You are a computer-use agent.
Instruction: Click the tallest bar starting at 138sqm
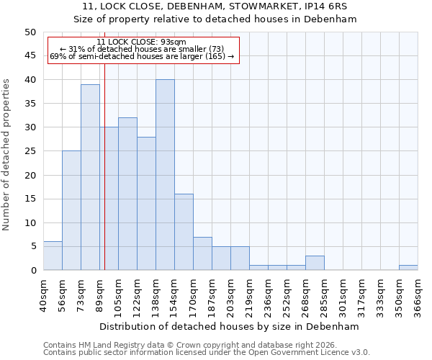[165, 175]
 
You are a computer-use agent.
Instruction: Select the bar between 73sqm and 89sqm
[90, 177]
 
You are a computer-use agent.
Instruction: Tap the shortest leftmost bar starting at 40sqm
[53, 256]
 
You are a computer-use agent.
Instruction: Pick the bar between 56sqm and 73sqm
[71, 210]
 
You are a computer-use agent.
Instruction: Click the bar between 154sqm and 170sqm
[184, 232]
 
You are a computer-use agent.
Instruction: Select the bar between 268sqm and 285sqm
[315, 263]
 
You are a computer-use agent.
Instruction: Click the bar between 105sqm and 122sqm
[127, 194]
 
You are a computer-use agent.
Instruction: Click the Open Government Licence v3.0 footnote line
[207, 352]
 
